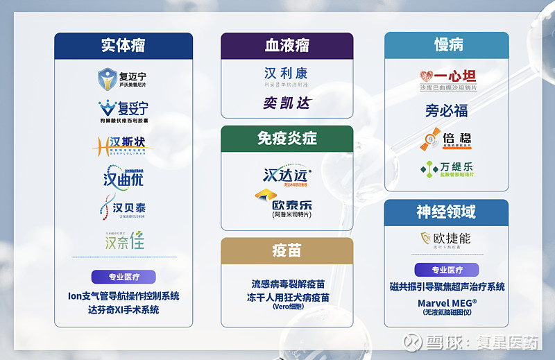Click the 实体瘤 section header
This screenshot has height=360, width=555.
click(123, 46)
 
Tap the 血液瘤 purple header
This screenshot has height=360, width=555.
click(287, 46)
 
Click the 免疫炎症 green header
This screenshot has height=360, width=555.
click(287, 138)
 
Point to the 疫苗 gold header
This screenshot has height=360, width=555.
click(287, 250)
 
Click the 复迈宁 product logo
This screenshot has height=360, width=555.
click(123, 78)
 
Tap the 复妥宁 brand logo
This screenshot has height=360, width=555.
click(123, 110)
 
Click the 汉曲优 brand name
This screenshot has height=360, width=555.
click(123, 177)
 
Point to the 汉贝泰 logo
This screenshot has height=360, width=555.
click(123, 207)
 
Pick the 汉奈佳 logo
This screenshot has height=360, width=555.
click(124, 241)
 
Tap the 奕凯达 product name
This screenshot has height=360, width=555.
click(287, 103)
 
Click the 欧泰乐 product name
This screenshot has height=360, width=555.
click(292, 205)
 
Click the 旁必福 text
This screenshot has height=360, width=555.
click(446, 110)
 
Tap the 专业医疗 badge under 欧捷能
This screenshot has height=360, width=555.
click(447, 270)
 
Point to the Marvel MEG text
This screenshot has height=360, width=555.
click(447, 303)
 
